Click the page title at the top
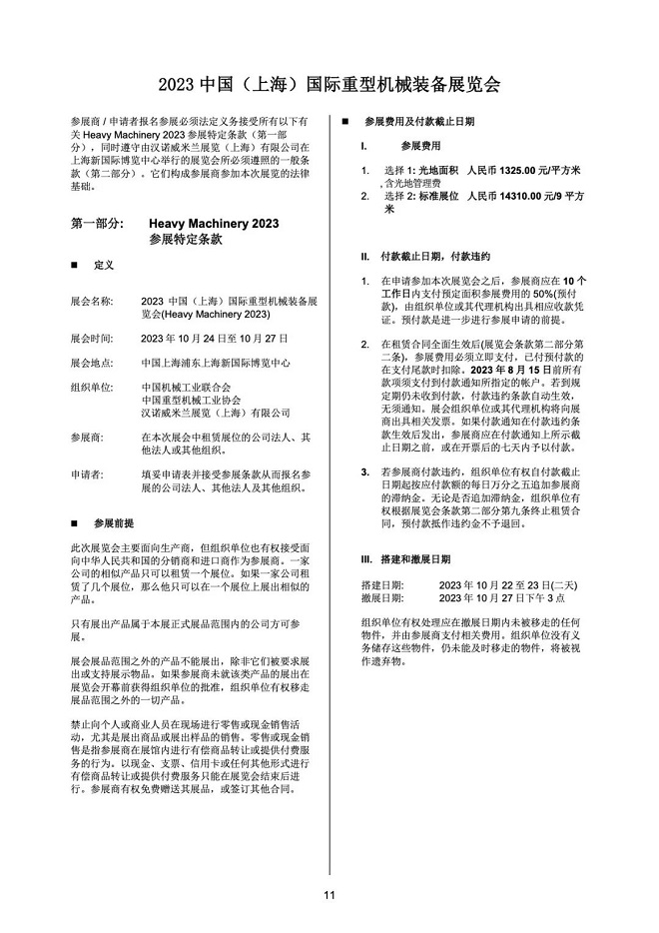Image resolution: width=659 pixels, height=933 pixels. [329, 82]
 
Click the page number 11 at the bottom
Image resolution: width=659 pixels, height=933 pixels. [329, 894]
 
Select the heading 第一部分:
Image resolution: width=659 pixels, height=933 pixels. [98, 224]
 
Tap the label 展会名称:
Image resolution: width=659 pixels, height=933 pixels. [92, 300]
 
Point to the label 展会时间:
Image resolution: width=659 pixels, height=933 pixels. [92, 338]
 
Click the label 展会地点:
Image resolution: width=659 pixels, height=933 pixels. [92, 363]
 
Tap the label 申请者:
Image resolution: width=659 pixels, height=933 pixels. [88, 474]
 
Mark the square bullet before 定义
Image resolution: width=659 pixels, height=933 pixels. [74, 267]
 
